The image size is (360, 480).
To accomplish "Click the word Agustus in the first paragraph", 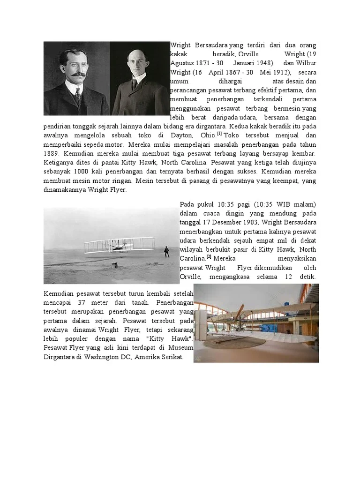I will click(x=182, y=63).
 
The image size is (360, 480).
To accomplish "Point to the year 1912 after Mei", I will click(x=281, y=72).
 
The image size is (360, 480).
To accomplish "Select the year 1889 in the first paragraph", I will click(x=51, y=153).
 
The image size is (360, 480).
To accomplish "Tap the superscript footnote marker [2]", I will click(x=209, y=257).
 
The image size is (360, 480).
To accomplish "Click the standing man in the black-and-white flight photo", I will click(x=166, y=252).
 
